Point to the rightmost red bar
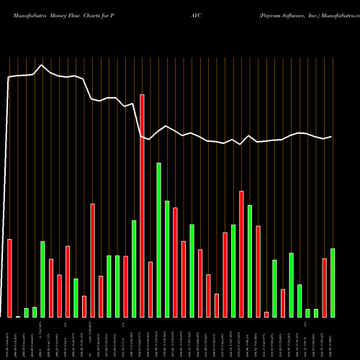325,287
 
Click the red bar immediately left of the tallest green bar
150,289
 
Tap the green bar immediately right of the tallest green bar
167,258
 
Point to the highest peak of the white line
42,66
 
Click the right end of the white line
332,136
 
